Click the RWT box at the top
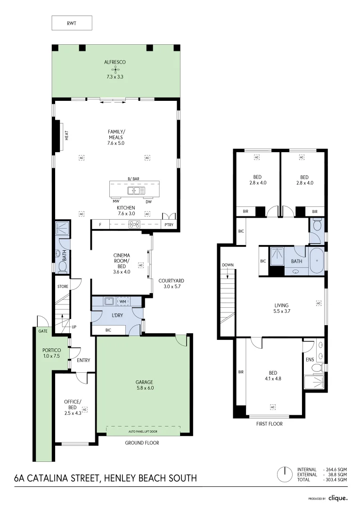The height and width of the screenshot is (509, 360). (x=72, y=23)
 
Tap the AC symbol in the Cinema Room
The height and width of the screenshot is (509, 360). (x=140, y=265)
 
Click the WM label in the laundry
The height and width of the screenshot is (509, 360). (x=123, y=301)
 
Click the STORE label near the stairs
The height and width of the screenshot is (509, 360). (x=63, y=286)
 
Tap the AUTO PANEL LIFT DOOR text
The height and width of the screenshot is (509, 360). (x=143, y=431)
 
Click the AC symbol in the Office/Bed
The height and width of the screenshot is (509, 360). (x=85, y=409)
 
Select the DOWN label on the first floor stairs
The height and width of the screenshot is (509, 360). (x=228, y=265)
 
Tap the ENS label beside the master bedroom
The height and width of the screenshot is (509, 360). (x=310, y=359)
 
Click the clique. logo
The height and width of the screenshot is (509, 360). (x=338, y=498)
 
